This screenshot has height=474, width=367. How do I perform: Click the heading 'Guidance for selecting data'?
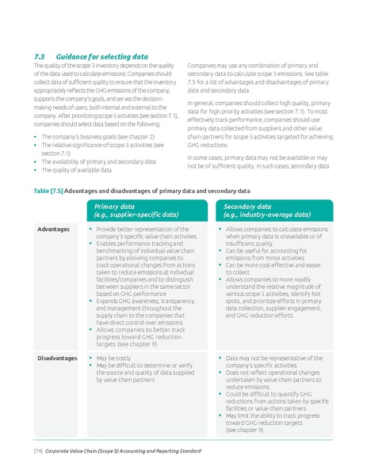point(107,56)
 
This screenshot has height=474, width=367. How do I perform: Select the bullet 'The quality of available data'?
point(75,169)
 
